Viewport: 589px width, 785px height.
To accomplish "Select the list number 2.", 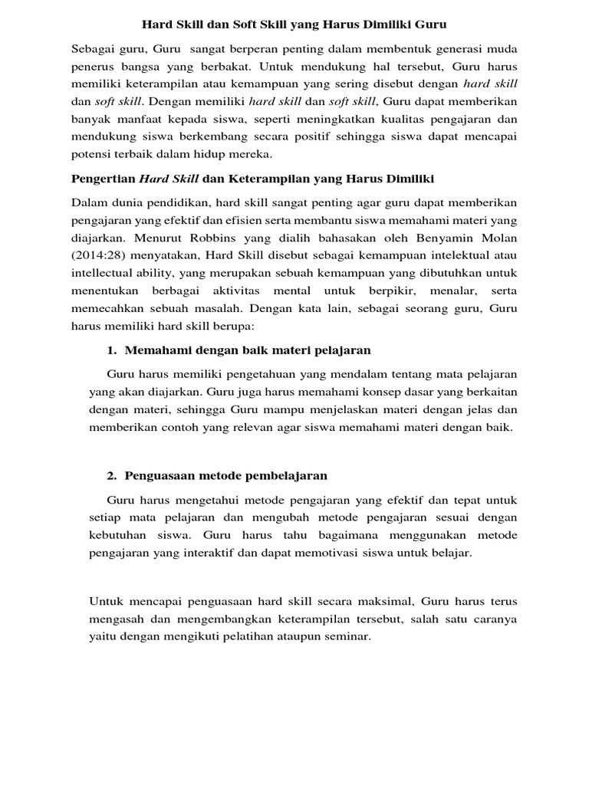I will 110,475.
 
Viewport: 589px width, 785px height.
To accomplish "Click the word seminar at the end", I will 349,636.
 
